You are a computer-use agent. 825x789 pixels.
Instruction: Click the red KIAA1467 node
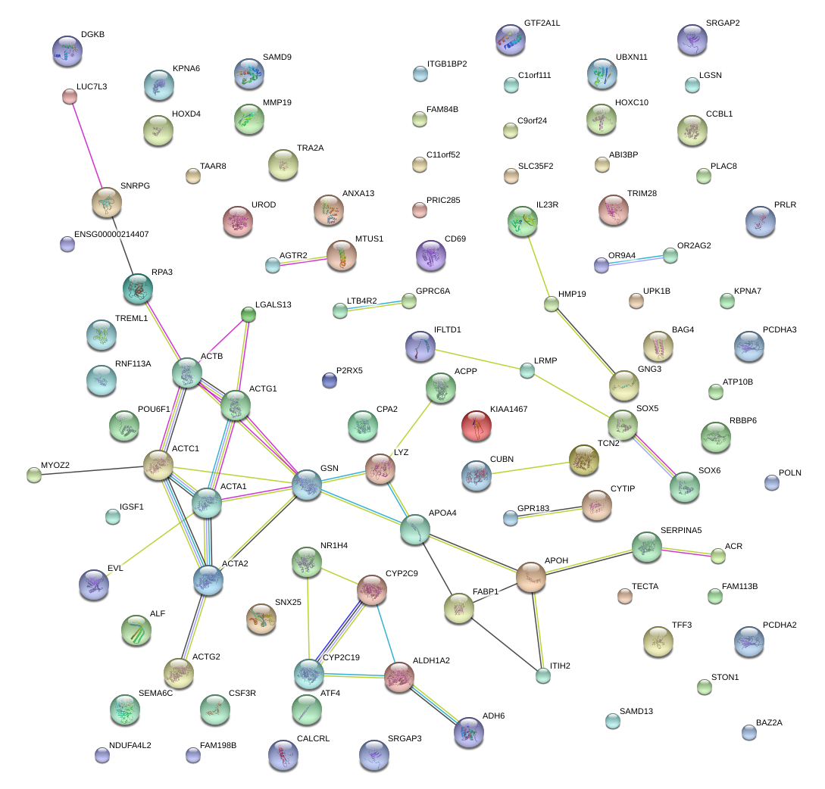(476, 426)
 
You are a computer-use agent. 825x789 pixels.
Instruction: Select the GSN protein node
(307, 485)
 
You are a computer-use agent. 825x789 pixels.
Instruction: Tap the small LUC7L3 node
(70, 96)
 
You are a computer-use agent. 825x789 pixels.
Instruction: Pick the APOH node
(531, 578)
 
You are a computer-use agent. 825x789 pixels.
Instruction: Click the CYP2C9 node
(371, 590)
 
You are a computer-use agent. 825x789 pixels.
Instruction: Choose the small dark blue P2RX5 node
(329, 380)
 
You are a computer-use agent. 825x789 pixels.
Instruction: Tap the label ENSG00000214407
(111, 235)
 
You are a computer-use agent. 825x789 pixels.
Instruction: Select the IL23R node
(523, 220)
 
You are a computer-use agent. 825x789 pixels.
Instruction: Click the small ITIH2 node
(542, 676)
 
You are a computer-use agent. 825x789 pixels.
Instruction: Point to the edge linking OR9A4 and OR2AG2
(636, 260)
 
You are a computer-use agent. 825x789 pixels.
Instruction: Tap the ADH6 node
(468, 731)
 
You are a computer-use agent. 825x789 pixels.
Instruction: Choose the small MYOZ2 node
(34, 476)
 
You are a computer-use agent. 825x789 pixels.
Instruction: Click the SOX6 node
(684, 487)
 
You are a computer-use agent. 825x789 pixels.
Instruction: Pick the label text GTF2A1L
(542, 23)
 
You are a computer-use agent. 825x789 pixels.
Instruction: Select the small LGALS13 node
(248, 314)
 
